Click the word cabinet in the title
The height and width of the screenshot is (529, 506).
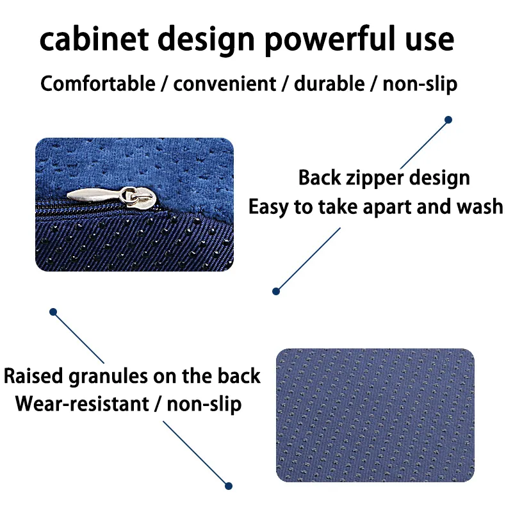point(94,39)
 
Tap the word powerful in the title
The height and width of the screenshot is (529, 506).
point(330,40)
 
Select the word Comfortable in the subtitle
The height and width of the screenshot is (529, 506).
point(98,83)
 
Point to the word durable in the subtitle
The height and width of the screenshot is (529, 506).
point(329,83)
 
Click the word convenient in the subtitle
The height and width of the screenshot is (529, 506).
point(225,84)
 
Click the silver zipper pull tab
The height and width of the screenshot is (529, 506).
point(111,197)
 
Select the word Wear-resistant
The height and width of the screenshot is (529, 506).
point(82,403)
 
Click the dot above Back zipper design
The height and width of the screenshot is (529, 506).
point(448,120)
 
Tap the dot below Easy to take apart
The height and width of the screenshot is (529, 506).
point(276,291)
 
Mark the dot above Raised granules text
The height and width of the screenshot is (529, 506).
point(53,312)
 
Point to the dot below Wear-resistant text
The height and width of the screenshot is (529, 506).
point(229,486)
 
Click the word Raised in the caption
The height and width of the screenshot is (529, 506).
point(33,375)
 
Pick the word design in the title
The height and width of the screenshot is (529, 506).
point(206,40)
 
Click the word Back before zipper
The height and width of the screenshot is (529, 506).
point(320,177)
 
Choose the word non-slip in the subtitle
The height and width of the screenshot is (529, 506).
point(420,84)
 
